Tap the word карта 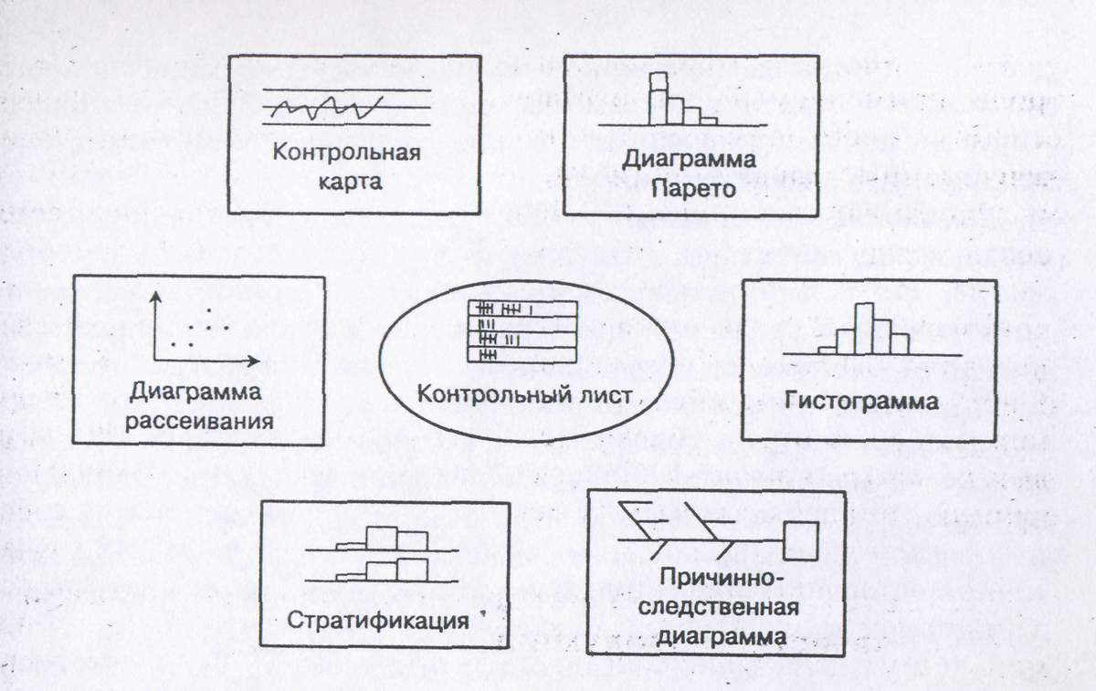coord(350,181)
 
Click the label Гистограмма coord(861,402)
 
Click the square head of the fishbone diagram coord(801,541)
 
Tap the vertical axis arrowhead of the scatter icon coord(157,298)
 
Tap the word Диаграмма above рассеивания coord(195,392)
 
